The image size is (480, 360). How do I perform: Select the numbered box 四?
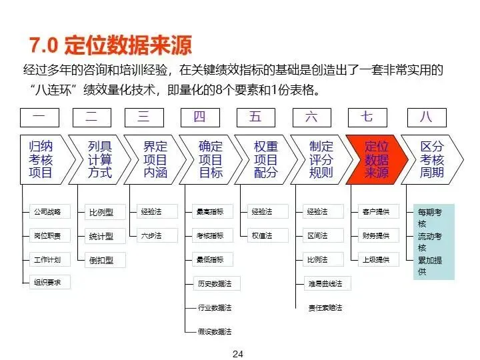(x=200, y=117)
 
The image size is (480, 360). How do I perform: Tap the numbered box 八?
(x=427, y=117)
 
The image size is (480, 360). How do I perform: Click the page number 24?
(x=238, y=353)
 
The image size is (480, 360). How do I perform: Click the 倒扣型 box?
(x=101, y=260)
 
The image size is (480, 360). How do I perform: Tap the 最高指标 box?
(x=211, y=212)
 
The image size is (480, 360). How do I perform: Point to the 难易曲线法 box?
(x=325, y=283)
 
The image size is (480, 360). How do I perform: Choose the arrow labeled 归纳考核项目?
(x=44, y=160)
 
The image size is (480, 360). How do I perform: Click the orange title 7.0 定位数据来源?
(x=111, y=45)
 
